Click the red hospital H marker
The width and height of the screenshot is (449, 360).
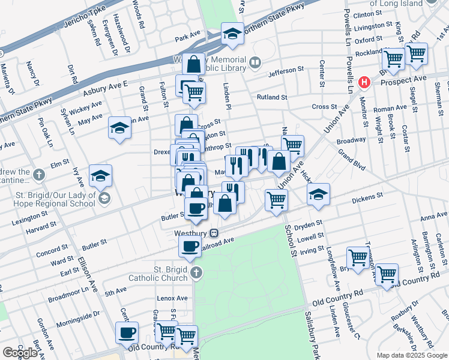pos(363,82)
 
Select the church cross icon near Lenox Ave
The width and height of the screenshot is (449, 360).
pos(196,274)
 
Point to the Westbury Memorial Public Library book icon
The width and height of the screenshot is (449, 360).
pos(255,62)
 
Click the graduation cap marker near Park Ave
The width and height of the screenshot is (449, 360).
pos(232,35)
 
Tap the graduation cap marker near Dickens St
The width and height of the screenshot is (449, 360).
pos(319,194)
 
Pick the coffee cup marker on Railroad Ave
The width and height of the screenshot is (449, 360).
pos(190,246)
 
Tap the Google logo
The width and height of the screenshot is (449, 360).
pos(20,353)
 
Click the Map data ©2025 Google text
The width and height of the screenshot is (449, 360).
pos(412,355)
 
